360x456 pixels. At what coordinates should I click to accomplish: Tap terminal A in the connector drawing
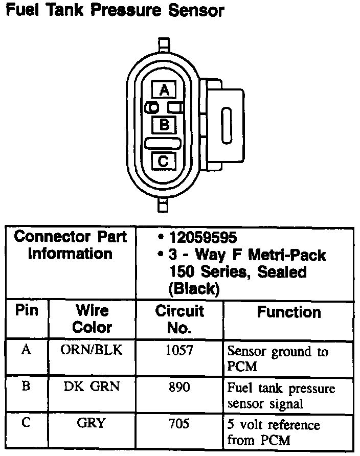pos(164,90)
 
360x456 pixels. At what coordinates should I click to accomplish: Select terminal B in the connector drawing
pos(164,124)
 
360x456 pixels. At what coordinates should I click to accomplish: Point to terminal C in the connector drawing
pos(164,161)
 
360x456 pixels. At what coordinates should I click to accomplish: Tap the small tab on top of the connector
pos(164,43)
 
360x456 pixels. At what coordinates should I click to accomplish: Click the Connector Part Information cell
pos(70,245)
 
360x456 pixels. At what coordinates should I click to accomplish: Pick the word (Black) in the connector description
pos(193,289)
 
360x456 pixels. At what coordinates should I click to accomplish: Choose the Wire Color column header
pos(92,318)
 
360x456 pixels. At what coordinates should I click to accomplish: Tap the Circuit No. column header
pos(179,318)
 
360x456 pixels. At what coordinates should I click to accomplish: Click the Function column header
pos(288,312)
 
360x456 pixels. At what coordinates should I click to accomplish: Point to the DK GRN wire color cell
pos(92,386)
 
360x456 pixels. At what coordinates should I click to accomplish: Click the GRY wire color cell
pos(92,423)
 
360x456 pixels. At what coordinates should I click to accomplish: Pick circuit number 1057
pos(179,350)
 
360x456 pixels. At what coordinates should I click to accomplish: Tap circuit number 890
pos(179,387)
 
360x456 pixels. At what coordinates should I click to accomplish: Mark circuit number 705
pos(179,424)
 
